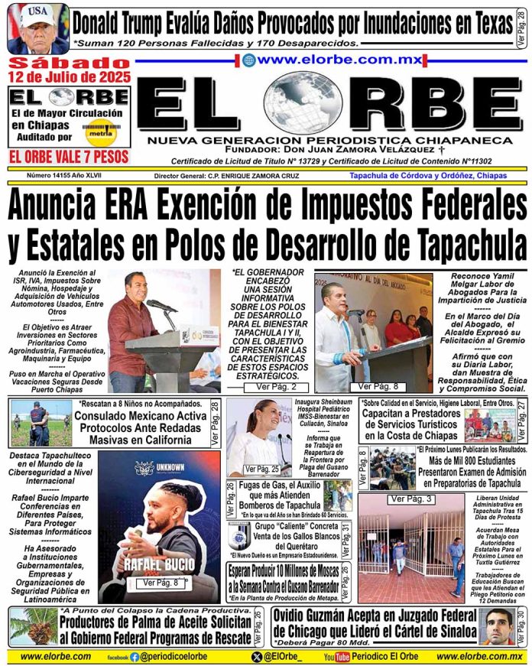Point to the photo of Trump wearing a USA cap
point(37,28)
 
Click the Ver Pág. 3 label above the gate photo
point(411,499)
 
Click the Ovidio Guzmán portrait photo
point(500,626)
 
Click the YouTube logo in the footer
point(336,656)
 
